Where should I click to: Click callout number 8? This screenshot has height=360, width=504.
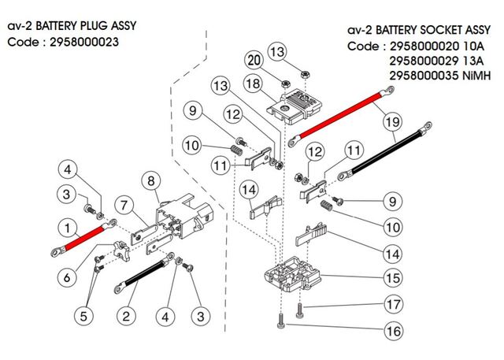(150, 180)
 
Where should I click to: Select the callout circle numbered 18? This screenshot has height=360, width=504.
(253, 83)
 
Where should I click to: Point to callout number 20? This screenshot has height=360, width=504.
(253, 60)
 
